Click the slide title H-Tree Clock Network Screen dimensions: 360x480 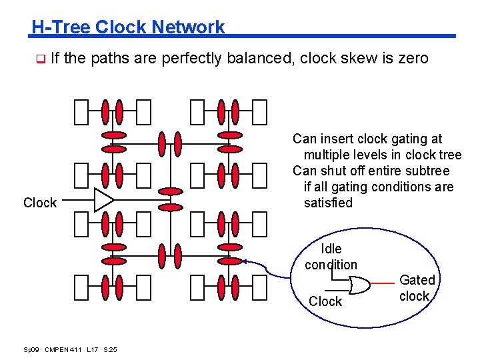[x=128, y=27]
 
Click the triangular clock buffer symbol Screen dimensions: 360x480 [x=103, y=199]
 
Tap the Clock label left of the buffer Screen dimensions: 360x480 [x=40, y=203]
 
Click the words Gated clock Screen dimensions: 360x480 [x=417, y=288]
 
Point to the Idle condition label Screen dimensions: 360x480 [x=331, y=257]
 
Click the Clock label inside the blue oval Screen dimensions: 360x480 [x=325, y=301]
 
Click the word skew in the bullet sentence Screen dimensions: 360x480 [x=355, y=59]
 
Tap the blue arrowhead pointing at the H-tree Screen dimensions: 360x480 [x=245, y=261]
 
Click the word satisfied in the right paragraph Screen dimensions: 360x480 [x=328, y=203]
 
